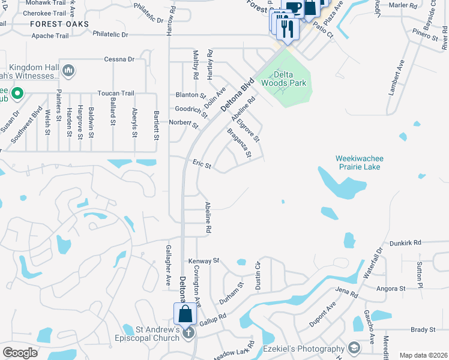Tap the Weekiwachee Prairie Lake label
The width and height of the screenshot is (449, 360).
tap(359, 163)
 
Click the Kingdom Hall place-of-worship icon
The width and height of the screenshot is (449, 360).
tap(68, 71)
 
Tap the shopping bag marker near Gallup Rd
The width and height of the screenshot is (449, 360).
tap(185, 314)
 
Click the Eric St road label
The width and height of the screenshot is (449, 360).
tap(202, 164)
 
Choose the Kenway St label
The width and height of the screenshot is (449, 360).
tap(204, 261)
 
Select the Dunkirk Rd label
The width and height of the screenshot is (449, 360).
tap(405, 242)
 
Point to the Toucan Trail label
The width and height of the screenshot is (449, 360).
tap(116, 94)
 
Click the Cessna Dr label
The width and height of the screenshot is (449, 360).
tap(119, 59)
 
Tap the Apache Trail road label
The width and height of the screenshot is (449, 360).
tap(51, 36)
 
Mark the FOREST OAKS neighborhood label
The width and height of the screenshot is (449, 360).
tap(60, 24)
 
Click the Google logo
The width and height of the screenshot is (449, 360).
tap(20, 352)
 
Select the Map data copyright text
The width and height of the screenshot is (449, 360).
tap(423, 355)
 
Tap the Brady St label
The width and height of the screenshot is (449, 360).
tap(423, 330)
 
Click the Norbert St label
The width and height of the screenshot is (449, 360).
tap(183, 123)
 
